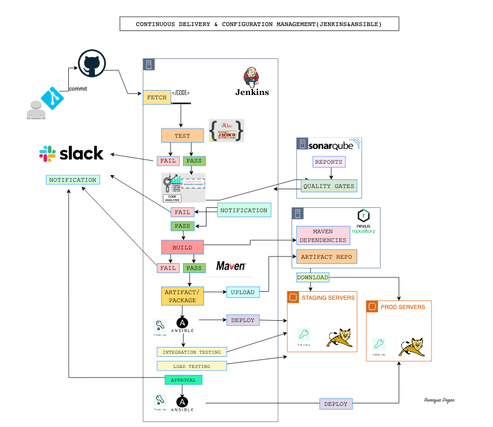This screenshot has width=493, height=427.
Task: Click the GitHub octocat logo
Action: coord(91,65)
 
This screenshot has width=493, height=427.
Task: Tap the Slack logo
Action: coord(71,153)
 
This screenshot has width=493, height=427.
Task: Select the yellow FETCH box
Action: coord(156,97)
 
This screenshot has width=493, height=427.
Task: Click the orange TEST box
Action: coord(182,135)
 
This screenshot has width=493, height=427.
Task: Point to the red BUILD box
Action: coord(182,247)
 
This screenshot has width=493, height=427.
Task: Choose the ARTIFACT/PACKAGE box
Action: coord(182,295)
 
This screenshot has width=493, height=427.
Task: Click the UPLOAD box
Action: coord(242,292)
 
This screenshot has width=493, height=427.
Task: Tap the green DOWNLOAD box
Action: coord(313,277)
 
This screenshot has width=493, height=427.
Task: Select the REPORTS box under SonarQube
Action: coord(328,161)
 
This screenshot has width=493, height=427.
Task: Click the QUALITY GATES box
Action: coord(329,186)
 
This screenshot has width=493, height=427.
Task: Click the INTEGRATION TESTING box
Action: coord(192,352)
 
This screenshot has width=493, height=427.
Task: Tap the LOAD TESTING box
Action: coord(192,366)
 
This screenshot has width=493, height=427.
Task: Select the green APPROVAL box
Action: coord(183,380)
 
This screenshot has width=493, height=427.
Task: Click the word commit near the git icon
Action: coord(78,89)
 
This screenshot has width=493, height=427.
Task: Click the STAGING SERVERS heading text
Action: coord(328,298)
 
